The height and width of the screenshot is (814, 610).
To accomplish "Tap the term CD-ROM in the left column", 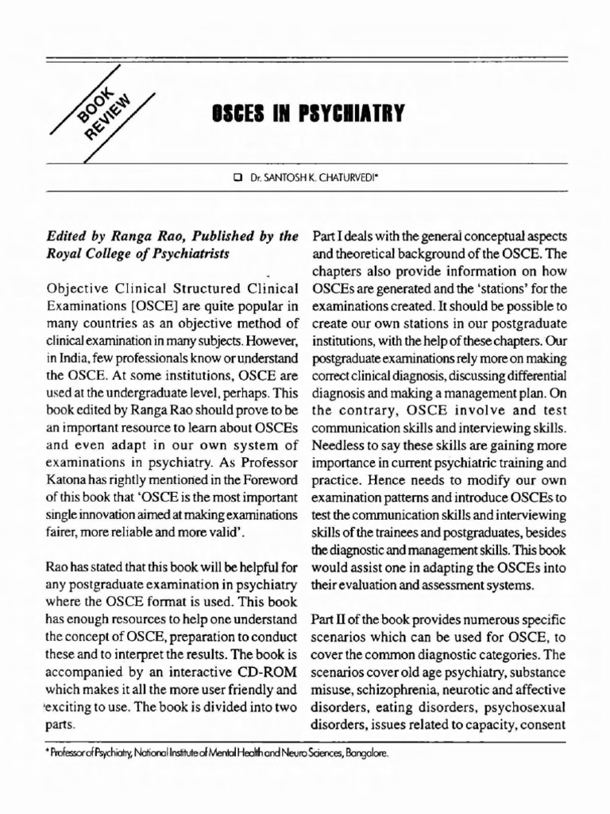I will pyautogui.click(x=269, y=670).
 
